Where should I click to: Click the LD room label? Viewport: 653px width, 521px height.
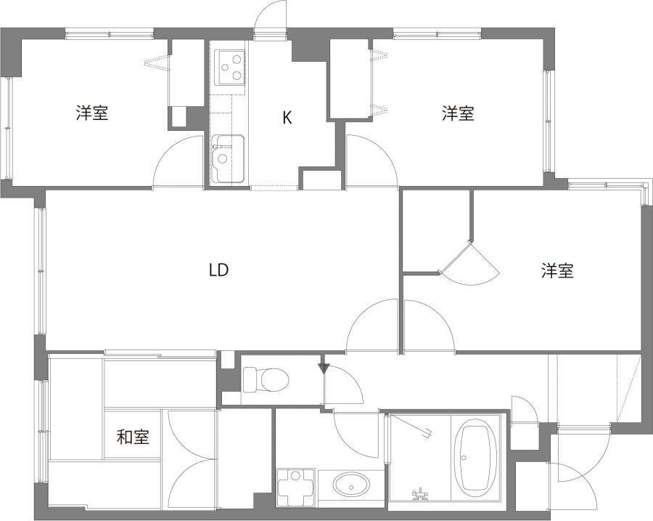point(218,270)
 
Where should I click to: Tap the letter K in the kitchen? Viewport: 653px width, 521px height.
point(287,118)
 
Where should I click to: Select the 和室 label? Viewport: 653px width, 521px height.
point(133,437)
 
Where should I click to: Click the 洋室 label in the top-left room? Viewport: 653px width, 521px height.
point(92,113)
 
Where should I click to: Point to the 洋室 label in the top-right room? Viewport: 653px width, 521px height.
point(458,113)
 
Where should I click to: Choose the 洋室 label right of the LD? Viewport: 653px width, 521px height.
point(557,271)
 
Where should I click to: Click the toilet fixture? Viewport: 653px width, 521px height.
point(266,379)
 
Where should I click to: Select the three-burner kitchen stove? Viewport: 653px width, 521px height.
point(229,67)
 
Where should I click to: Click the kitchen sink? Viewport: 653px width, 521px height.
point(227,158)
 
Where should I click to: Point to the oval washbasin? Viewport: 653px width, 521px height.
point(350,485)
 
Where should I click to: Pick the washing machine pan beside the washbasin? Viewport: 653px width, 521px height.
point(296,488)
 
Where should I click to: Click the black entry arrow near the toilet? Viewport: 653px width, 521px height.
point(324,368)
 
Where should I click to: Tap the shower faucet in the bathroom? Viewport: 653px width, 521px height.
point(420,495)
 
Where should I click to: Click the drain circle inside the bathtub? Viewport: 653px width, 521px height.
point(464,458)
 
